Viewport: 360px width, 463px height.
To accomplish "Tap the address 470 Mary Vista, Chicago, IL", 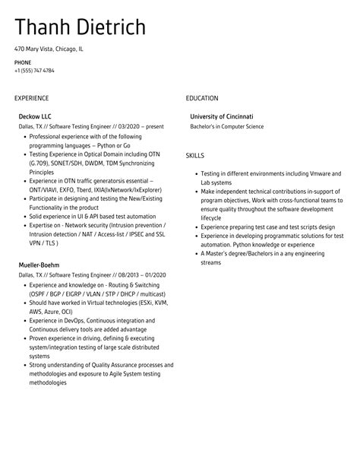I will point(49,49).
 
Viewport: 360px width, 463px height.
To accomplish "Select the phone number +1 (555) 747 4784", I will point(34,71).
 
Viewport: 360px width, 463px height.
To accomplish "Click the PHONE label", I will point(22,62).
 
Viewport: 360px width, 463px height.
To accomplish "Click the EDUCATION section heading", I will point(202,98).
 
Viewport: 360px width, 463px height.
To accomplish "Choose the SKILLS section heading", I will point(195,155).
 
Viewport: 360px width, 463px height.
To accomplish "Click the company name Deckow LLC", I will point(35,116).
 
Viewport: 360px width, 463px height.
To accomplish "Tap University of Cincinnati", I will point(222,116).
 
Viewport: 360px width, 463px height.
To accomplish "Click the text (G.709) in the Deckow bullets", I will point(39,162).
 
